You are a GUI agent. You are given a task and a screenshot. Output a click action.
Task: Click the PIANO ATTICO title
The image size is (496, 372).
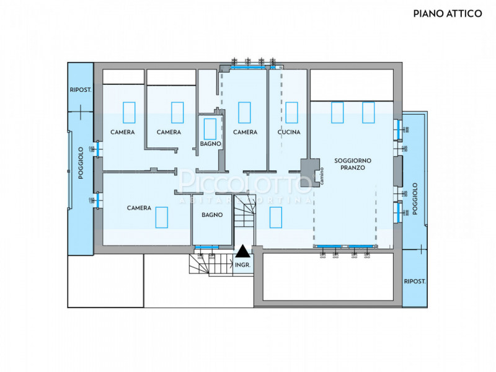447,13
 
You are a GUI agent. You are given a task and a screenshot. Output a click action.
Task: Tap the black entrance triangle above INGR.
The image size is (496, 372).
243,251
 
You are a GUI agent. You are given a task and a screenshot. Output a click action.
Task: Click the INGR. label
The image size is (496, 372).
243,265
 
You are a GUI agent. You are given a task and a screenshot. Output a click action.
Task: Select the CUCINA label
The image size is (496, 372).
289,132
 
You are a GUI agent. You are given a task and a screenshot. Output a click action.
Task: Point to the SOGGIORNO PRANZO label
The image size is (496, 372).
353,164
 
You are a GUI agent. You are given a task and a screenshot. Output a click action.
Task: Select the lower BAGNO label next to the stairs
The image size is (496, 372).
212,215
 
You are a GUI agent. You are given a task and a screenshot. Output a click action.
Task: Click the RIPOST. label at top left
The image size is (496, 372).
81,90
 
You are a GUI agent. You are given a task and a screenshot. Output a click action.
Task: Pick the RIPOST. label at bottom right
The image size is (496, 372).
415,281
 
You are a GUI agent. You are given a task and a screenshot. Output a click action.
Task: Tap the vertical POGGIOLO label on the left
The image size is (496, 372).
81,163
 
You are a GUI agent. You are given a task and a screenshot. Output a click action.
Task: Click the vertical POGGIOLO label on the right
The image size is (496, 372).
415,198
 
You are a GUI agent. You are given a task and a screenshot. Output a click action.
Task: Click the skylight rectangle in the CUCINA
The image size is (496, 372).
291,112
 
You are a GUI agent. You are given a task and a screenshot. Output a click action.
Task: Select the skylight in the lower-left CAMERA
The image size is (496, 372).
162,217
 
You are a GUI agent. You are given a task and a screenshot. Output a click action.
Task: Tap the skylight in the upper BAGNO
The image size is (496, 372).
210,128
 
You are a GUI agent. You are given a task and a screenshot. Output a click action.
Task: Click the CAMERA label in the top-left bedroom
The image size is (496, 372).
123,132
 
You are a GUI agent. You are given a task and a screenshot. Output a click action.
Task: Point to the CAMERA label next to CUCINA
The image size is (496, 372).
245,132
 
